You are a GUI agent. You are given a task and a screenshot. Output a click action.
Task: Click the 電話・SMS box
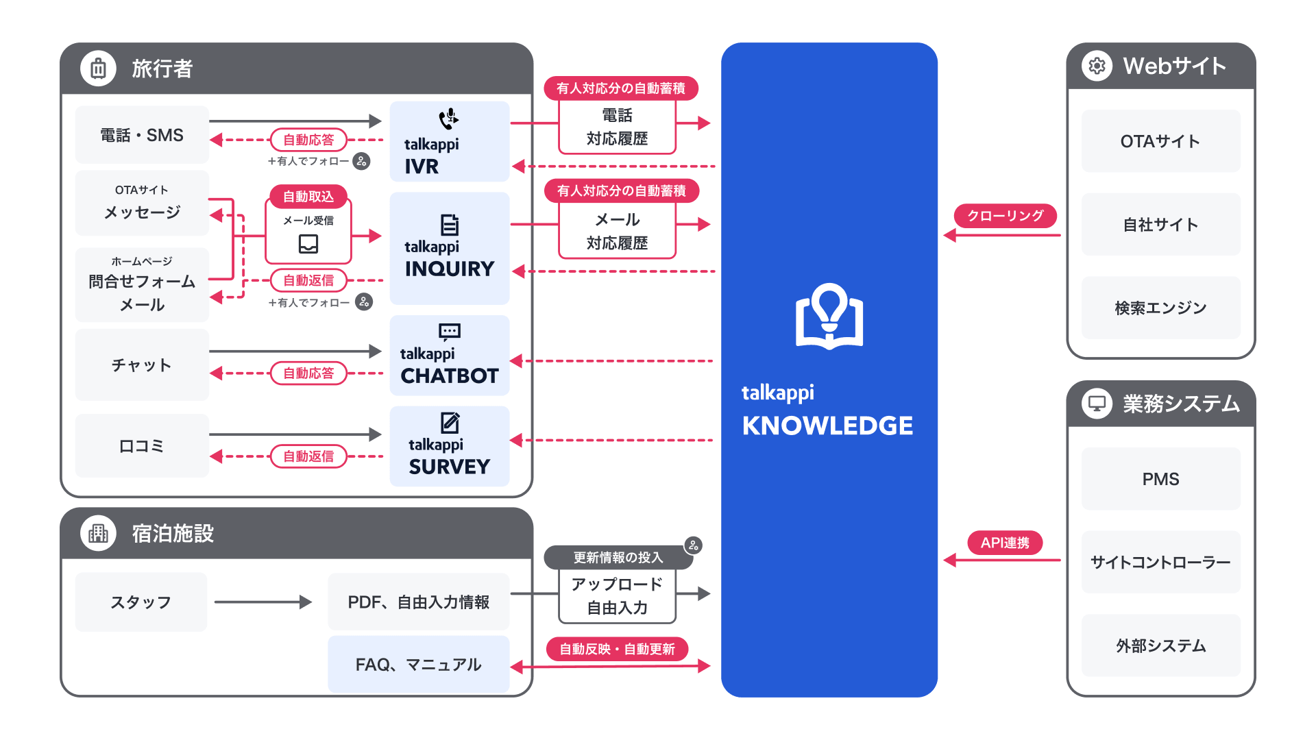(142, 135)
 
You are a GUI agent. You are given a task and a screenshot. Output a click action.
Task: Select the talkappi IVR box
(449, 142)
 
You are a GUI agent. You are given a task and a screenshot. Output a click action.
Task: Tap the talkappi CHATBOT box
(449, 356)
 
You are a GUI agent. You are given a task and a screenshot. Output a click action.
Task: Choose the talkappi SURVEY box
(449, 446)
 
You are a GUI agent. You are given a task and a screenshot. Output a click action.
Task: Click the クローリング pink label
(1005, 216)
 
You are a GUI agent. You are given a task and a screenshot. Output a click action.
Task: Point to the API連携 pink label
(1005, 543)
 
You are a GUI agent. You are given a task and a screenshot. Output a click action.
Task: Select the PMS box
(1160, 479)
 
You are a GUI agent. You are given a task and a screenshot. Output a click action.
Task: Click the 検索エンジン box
(1160, 308)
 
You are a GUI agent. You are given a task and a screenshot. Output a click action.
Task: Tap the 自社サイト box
(1160, 225)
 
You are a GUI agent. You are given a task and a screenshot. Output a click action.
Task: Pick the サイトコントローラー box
(1160, 562)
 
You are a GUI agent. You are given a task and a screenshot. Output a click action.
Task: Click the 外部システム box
(1160, 645)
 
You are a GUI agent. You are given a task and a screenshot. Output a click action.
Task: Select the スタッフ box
(141, 602)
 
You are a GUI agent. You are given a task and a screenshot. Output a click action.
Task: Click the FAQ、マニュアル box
(418, 664)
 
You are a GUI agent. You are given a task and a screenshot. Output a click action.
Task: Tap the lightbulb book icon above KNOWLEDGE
(829, 317)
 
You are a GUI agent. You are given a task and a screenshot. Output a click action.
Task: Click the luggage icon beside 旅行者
(98, 69)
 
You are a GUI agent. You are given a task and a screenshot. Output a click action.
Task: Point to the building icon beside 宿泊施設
(98, 533)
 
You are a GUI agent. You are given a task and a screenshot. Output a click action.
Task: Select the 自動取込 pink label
(308, 197)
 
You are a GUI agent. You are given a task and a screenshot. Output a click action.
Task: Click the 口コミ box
(142, 446)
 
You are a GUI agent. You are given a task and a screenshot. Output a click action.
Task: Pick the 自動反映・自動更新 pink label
(617, 649)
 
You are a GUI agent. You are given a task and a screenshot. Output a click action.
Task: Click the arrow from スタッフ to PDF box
(263, 602)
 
